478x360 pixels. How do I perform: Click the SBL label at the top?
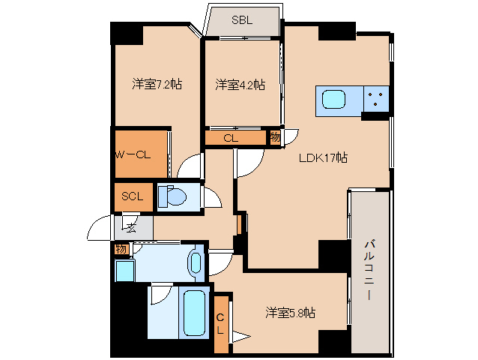pyautogui.click(x=243, y=20)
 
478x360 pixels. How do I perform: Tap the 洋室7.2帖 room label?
pyautogui.click(x=157, y=84)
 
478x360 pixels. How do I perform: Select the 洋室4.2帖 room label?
pyautogui.click(x=240, y=84)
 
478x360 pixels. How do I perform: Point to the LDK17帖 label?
pyautogui.click(x=323, y=157)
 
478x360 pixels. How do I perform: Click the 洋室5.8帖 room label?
pyautogui.click(x=290, y=312)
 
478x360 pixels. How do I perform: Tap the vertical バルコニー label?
pyautogui.click(x=369, y=270)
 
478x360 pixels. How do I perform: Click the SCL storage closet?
pyautogui.click(x=133, y=196)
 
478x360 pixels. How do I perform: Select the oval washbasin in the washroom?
pyautogui.click(x=196, y=262)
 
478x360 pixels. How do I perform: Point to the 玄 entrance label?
pyautogui.click(x=130, y=226)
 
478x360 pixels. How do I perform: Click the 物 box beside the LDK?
pyautogui.click(x=275, y=137)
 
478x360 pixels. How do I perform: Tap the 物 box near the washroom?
pyautogui.click(x=120, y=249)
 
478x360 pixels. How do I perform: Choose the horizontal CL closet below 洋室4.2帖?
pyautogui.click(x=231, y=138)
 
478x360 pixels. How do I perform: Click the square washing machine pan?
pyautogui.click(x=124, y=270)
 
